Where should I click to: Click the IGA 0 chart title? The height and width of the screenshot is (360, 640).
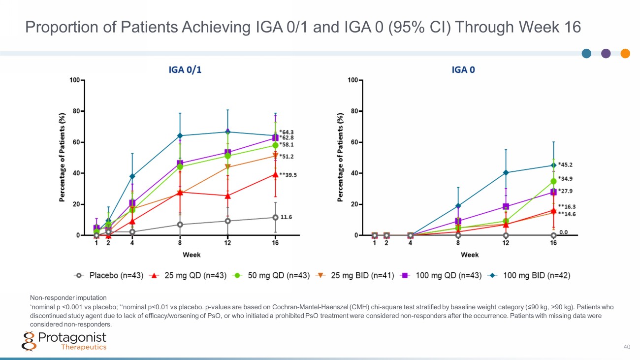point(463,70)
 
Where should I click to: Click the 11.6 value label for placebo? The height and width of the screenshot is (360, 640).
point(287,217)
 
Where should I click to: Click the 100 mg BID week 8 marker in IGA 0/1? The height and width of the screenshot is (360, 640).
point(180,135)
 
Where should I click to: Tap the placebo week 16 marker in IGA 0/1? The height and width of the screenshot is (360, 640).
point(275,217)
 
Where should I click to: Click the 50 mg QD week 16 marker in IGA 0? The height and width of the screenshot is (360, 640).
point(553,181)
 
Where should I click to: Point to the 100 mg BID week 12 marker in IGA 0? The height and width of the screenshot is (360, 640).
point(506,172)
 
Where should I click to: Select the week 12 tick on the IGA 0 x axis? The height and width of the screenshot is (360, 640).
point(506,243)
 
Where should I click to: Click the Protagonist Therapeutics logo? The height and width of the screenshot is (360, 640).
point(65,341)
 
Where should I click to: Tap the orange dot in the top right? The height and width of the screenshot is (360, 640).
point(625,53)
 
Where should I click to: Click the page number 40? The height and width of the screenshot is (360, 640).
point(627,347)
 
